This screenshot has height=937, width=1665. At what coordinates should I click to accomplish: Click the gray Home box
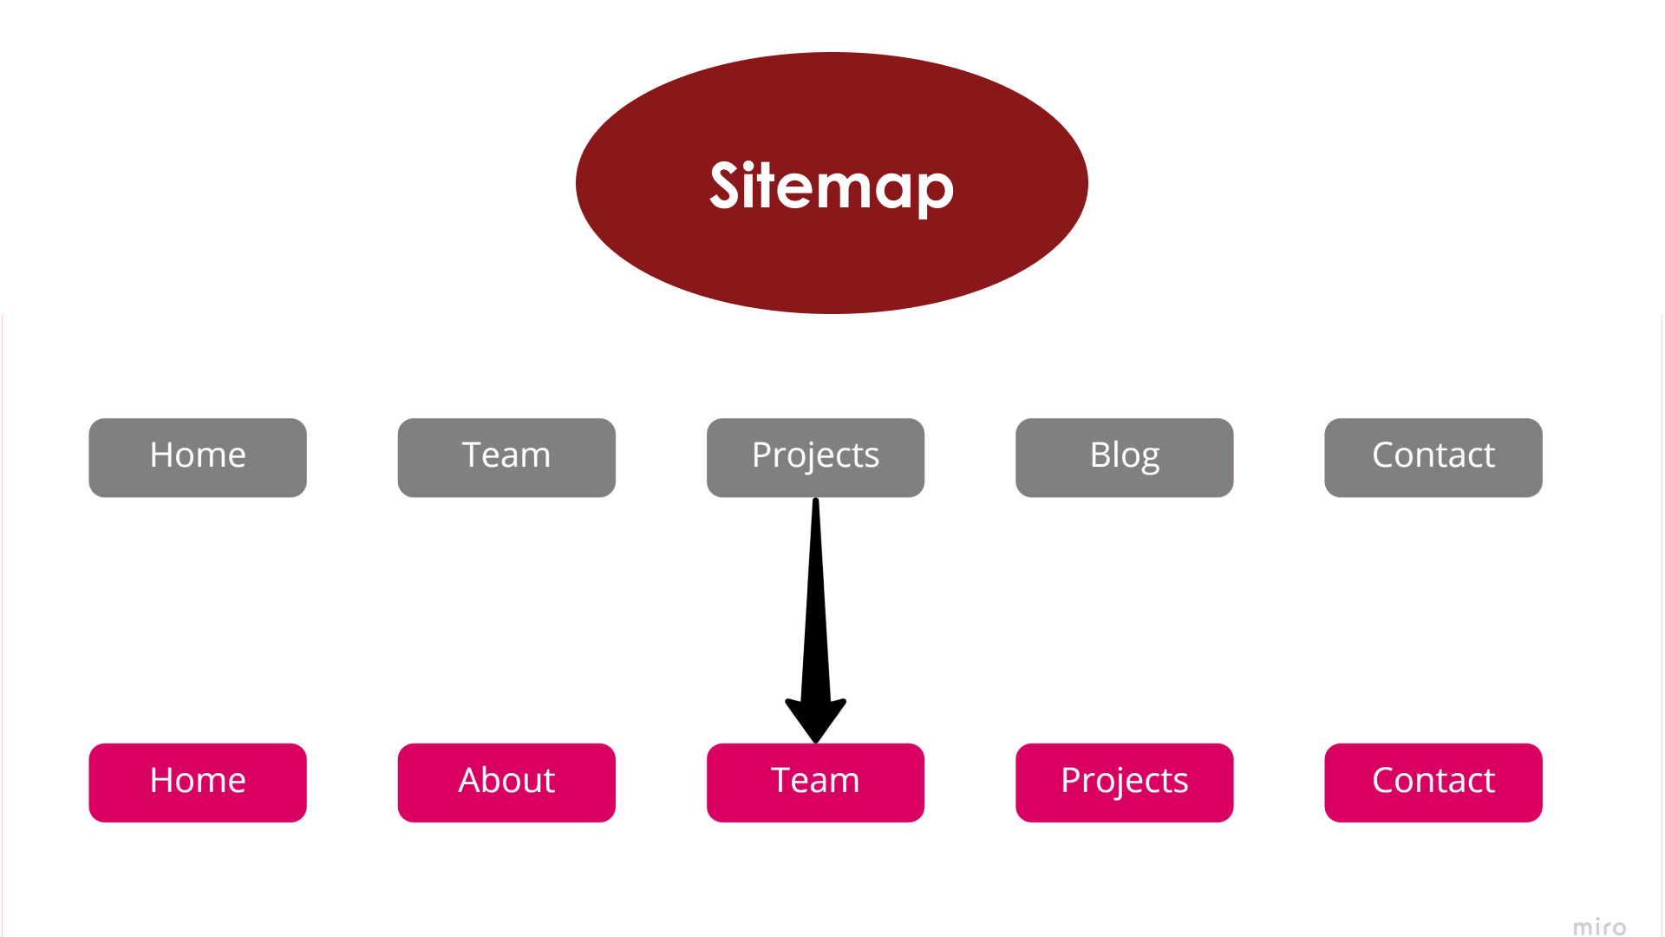point(198,457)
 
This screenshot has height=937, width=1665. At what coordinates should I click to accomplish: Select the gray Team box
point(506,457)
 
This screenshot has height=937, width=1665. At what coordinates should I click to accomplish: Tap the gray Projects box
point(815,457)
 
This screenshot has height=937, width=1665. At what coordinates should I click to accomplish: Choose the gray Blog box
point(1124,457)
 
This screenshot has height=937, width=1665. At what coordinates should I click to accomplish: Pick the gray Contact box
point(1433,457)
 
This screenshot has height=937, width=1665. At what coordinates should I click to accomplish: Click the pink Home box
point(198,782)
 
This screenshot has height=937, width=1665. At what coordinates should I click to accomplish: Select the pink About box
point(506,782)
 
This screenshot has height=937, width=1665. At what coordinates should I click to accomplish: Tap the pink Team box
point(815,782)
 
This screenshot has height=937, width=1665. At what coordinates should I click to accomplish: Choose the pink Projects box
point(1124,782)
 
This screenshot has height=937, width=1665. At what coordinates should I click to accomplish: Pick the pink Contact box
point(1433,782)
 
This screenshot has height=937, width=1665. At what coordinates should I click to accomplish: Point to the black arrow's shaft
point(815,599)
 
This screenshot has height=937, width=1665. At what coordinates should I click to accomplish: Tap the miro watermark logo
point(1599,927)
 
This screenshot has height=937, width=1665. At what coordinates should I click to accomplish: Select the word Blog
point(1124,455)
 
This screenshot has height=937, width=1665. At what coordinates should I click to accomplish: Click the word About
point(506,780)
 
